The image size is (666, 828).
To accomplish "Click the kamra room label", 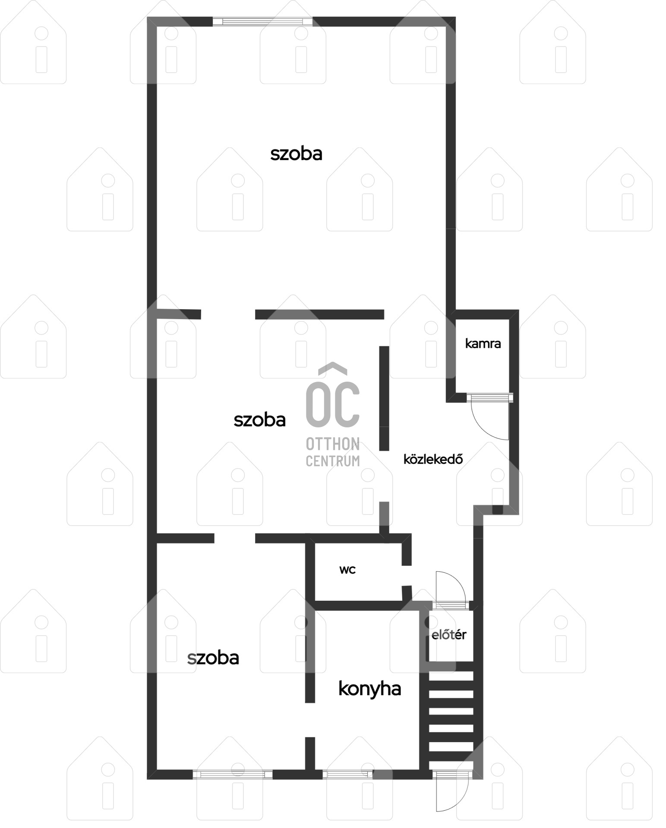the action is click(483, 344).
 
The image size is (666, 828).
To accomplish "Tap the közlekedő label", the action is click(433, 459).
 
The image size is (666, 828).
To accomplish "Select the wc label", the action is click(347, 570).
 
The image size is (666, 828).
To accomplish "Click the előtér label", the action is click(449, 635).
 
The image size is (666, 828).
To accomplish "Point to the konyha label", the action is click(369, 689).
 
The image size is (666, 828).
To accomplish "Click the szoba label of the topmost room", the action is click(296, 154).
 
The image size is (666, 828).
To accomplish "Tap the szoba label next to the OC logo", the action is click(259, 420).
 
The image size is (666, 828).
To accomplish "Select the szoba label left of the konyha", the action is click(213, 658).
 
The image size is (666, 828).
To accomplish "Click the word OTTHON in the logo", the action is click(333, 444).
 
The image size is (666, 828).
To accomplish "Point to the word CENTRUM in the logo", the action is click(333, 461).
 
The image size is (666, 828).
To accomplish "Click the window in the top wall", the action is click(262, 22).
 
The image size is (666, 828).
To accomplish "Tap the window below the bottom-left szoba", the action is click(233, 774).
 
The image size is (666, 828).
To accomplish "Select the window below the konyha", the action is click(347, 774).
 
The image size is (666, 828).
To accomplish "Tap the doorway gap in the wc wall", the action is click(407, 576).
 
